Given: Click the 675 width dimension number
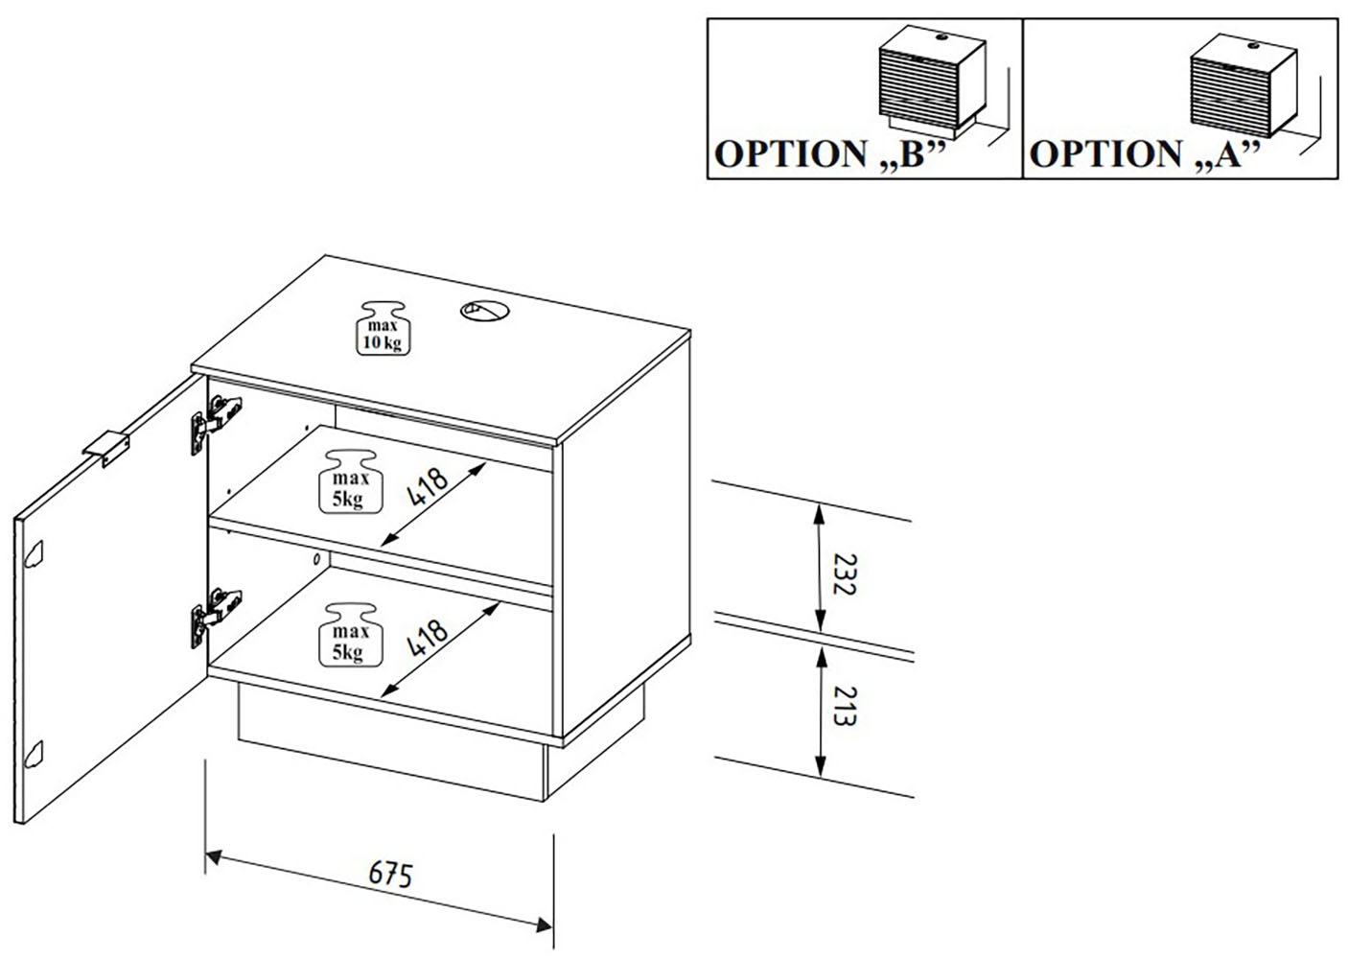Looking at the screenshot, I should [x=390, y=876].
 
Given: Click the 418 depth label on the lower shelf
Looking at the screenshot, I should [x=428, y=637].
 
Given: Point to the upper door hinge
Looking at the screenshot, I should [x=215, y=420].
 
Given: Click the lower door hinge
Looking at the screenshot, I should [x=215, y=611].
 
